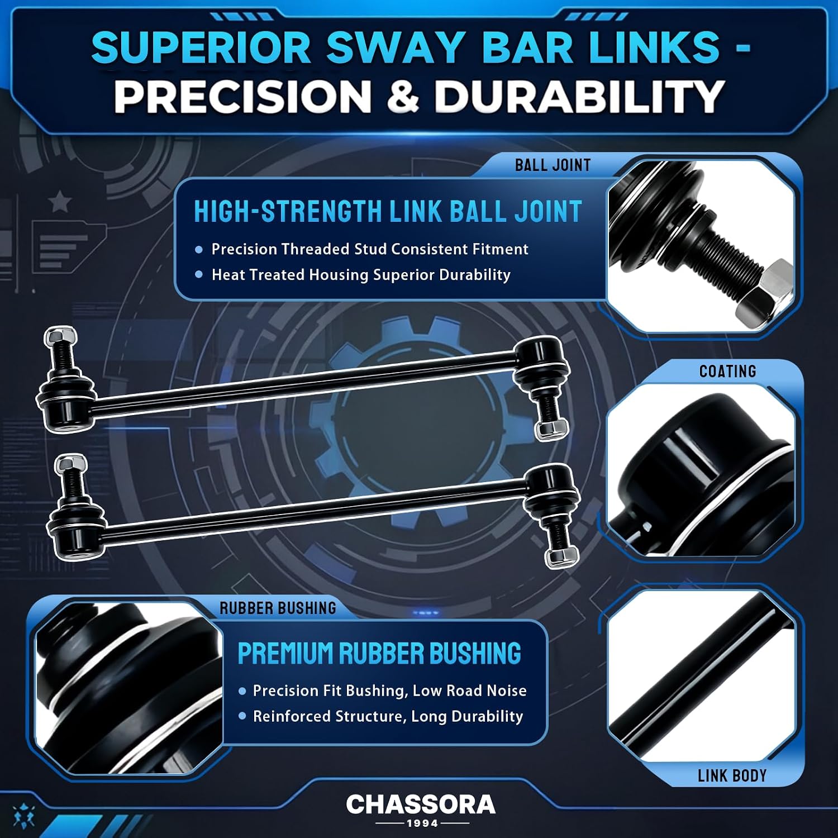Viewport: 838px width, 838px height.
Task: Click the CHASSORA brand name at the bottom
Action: point(421,804)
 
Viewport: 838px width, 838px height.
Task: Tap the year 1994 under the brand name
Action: point(422,823)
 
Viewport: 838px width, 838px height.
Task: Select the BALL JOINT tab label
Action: point(553,165)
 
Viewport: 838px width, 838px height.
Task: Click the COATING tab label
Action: point(727,372)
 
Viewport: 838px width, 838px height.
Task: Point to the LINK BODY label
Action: point(732,776)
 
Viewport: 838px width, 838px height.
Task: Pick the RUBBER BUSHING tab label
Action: point(278,608)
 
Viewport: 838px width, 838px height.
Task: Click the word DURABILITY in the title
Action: point(579,96)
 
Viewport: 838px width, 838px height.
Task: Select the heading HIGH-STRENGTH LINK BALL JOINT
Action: point(388,212)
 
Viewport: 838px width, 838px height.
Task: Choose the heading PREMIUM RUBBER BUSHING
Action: point(379,654)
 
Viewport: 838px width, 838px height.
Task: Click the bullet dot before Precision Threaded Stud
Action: point(199,250)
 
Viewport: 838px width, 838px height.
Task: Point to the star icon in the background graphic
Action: point(60,202)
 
